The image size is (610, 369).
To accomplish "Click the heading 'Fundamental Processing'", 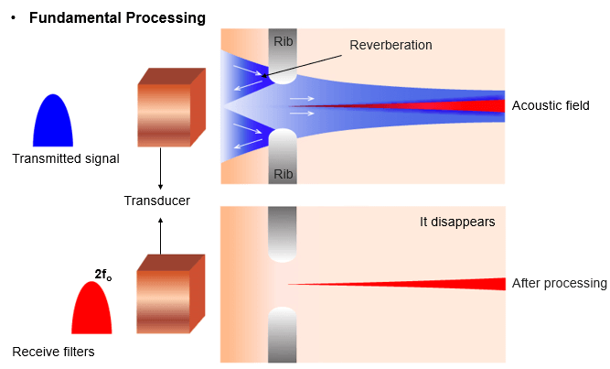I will point(117,17).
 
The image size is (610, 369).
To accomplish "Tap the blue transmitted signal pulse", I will point(53,124).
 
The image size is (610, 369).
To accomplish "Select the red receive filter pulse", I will point(91,309).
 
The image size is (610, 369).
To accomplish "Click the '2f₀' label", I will point(103,274).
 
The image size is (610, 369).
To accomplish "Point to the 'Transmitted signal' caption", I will point(66,158).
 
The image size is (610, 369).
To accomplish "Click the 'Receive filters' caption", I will point(53,351).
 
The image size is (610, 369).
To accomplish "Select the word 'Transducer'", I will point(157,201).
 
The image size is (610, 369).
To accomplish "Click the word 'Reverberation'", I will point(391,44).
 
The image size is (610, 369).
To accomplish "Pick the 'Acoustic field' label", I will point(551,105).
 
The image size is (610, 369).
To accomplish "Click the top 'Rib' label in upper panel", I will point(283,40).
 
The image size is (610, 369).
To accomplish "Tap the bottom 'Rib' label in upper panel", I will point(283,172).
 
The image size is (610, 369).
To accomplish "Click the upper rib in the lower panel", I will point(283,233).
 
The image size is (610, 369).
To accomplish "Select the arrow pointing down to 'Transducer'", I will point(161,168).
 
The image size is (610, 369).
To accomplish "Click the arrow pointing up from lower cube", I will point(161,235).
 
